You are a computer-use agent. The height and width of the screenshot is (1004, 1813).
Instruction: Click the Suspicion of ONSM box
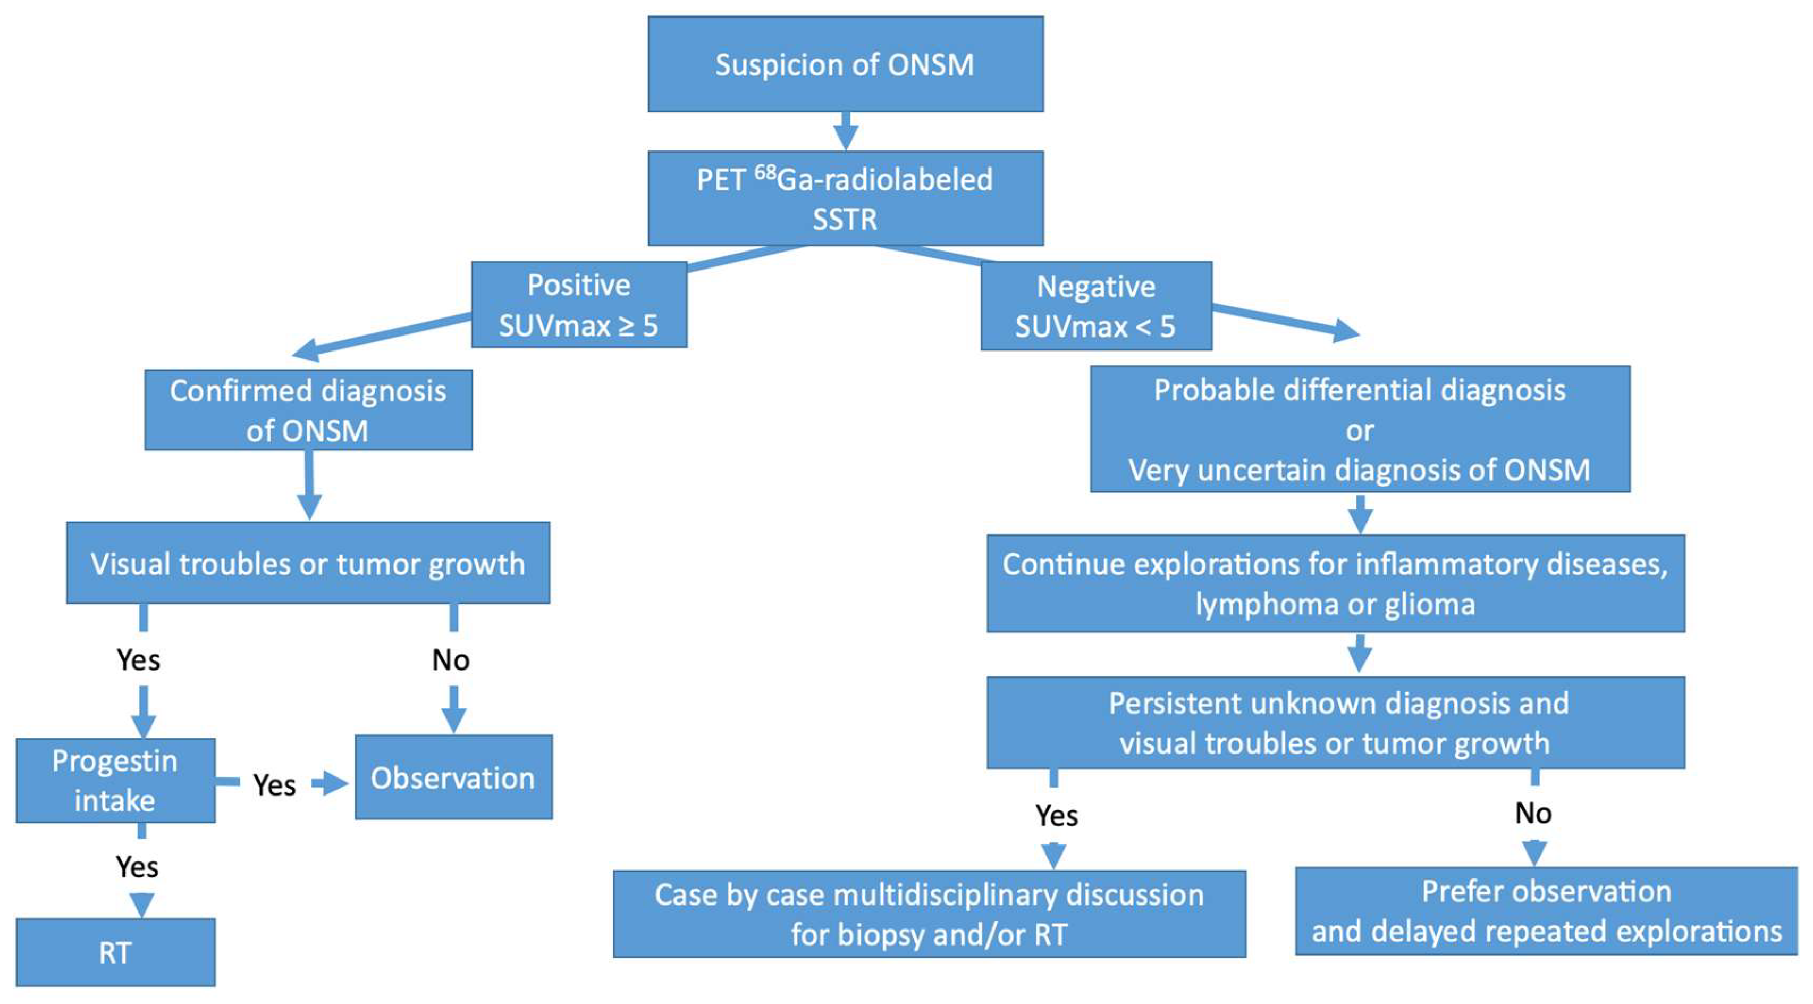click(x=845, y=64)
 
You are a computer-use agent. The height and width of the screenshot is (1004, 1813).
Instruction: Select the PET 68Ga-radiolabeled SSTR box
click(x=845, y=198)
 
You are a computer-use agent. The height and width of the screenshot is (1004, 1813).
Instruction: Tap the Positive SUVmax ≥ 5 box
click(x=578, y=305)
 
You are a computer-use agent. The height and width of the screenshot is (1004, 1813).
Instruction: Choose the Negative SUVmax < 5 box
click(x=1096, y=306)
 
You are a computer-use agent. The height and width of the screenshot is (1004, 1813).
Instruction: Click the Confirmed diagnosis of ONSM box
click(x=308, y=410)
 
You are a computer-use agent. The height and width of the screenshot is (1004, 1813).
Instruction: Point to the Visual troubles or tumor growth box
click(x=308, y=563)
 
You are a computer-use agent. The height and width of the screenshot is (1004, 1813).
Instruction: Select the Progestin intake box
click(x=115, y=780)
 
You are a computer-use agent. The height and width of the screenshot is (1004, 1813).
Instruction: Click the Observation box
click(x=453, y=777)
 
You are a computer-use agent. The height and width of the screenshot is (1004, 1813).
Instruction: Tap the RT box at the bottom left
click(x=115, y=952)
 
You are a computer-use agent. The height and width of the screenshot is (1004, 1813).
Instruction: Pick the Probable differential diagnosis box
click(x=1360, y=430)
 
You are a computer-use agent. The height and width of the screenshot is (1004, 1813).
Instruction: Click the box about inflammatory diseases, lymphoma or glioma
click(x=1335, y=584)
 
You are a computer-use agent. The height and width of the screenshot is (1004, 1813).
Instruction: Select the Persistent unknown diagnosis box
click(x=1335, y=723)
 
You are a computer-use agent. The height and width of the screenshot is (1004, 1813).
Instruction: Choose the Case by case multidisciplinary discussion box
click(x=929, y=914)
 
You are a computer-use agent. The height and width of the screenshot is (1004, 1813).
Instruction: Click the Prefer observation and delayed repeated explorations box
click(x=1546, y=911)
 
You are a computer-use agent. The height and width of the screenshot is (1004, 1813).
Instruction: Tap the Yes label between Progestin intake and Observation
click(x=274, y=784)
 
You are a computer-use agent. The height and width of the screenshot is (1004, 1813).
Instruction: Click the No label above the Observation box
click(x=450, y=660)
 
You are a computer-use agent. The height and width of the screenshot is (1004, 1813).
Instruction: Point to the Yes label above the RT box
click(x=137, y=867)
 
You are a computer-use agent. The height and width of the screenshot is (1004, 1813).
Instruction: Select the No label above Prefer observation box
click(x=1533, y=813)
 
